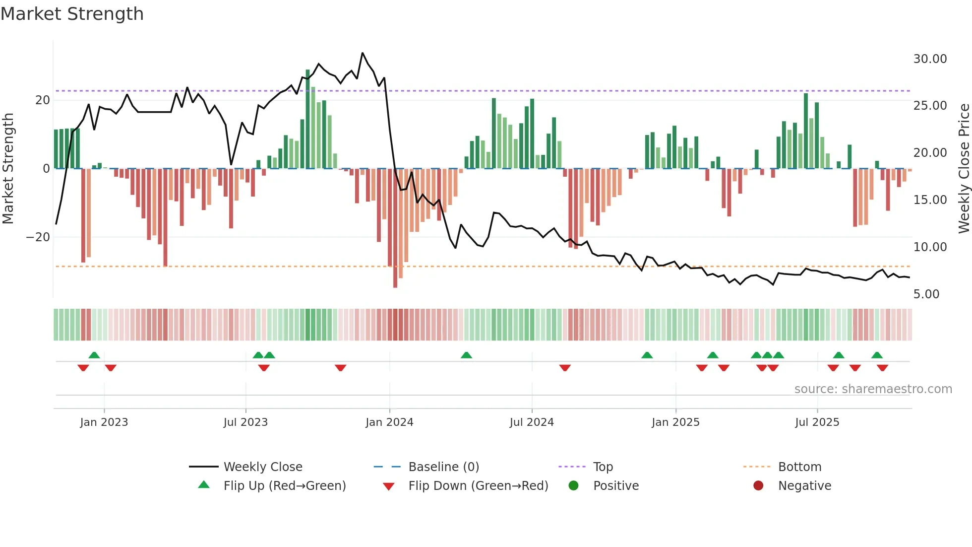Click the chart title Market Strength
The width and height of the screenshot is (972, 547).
point(72,14)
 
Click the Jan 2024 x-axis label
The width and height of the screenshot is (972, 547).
point(389,422)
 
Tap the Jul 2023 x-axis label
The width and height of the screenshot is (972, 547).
point(245,422)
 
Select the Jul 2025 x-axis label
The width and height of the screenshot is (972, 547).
point(817,422)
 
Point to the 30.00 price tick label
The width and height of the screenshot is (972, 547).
point(930,59)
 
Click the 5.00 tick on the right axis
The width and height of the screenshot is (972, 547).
point(926,294)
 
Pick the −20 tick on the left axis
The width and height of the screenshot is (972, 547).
point(38,237)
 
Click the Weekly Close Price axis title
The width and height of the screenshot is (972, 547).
point(964,169)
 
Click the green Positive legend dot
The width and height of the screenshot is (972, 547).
point(574,486)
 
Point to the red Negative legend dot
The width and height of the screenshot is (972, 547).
point(758,486)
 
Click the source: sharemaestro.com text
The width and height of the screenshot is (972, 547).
point(873,389)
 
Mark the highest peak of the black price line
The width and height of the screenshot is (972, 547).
point(363,53)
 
